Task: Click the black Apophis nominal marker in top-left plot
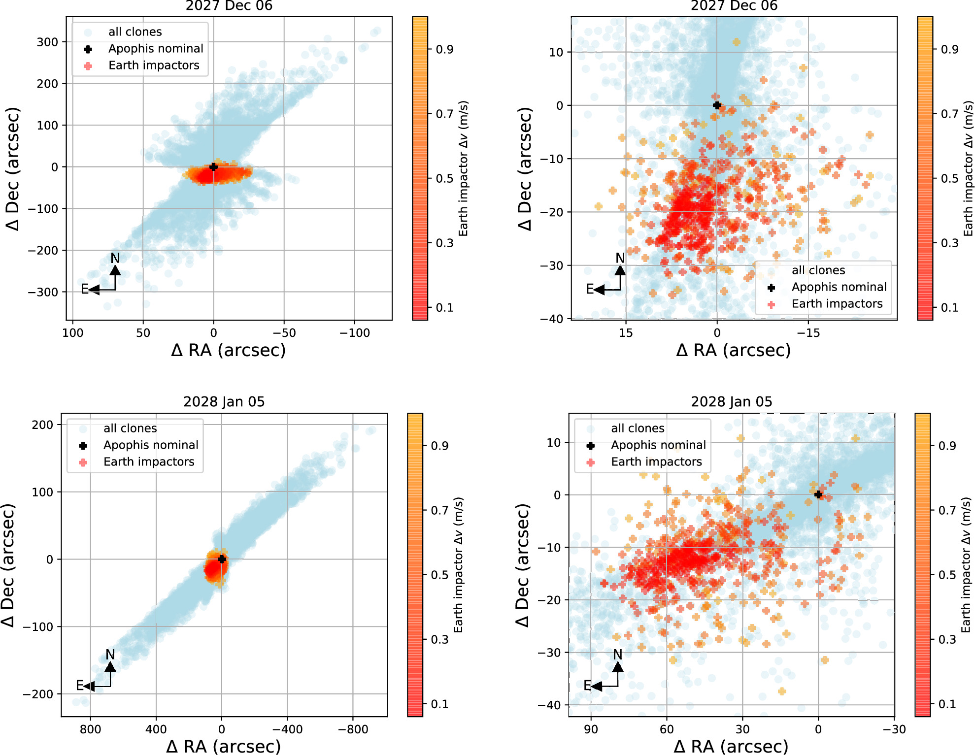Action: tap(213, 167)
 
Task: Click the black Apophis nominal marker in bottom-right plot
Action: tap(818, 494)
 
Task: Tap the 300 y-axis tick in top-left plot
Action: tap(47, 42)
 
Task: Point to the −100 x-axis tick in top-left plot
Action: tap(354, 333)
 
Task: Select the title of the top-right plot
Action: tap(734, 6)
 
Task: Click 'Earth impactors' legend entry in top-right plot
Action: tap(837, 304)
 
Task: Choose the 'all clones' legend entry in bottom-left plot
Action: tap(130, 428)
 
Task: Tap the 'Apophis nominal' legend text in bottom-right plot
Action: tap(658, 445)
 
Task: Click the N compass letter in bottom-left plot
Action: tap(110, 655)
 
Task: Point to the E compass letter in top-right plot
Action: tap(589, 289)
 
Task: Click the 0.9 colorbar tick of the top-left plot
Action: tap(444, 49)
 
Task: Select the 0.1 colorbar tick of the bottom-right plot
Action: tap(947, 704)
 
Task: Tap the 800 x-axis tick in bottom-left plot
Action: tap(90, 729)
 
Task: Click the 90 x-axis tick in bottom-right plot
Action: tap(591, 729)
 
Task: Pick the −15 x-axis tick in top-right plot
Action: tap(808, 333)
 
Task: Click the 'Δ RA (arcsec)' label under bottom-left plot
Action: tap(223, 746)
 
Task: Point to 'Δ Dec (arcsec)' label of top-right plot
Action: tap(526, 168)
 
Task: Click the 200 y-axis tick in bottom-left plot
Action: tap(42, 425)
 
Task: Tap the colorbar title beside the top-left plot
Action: tap(463, 168)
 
